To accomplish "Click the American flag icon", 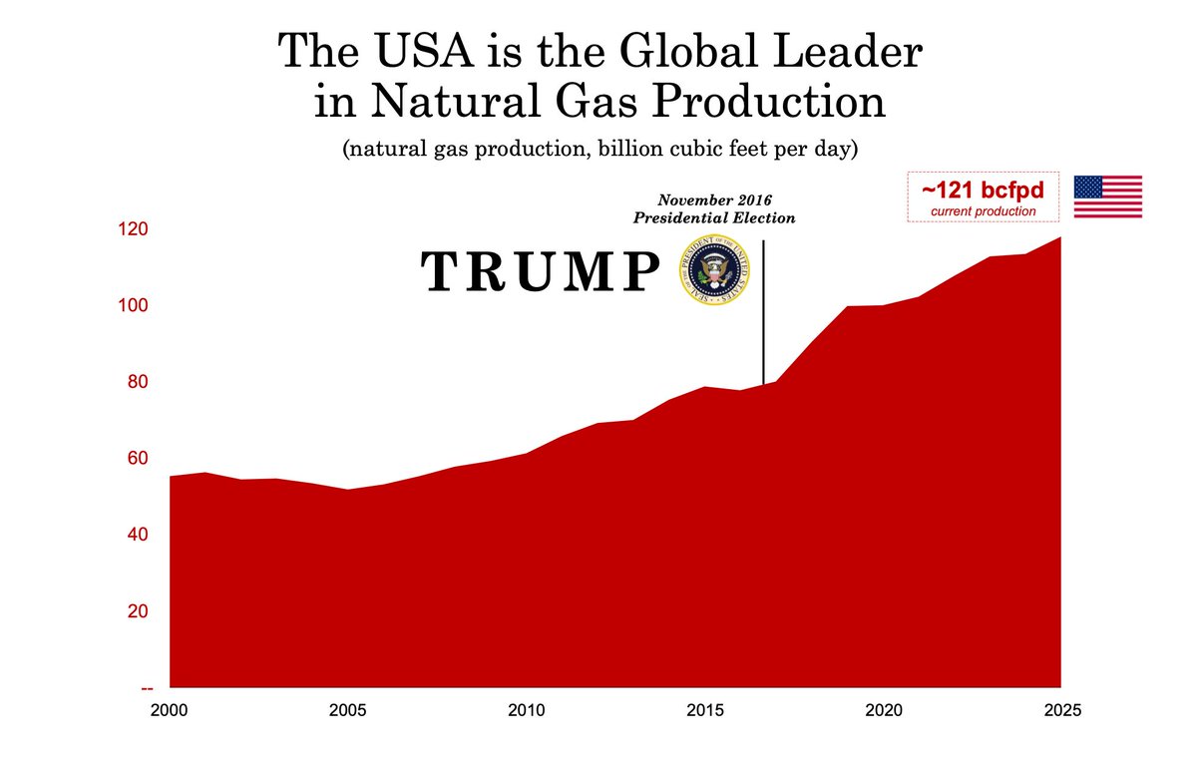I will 1107,196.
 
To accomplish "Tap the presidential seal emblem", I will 712,270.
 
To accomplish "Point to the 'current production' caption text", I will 982,211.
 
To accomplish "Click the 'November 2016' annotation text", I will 714,200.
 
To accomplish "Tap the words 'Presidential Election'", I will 714,217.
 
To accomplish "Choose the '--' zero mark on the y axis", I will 148,688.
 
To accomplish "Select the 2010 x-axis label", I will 526,711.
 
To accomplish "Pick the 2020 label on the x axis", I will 883,711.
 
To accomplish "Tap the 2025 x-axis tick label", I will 1060,711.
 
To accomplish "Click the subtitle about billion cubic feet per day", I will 599,151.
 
